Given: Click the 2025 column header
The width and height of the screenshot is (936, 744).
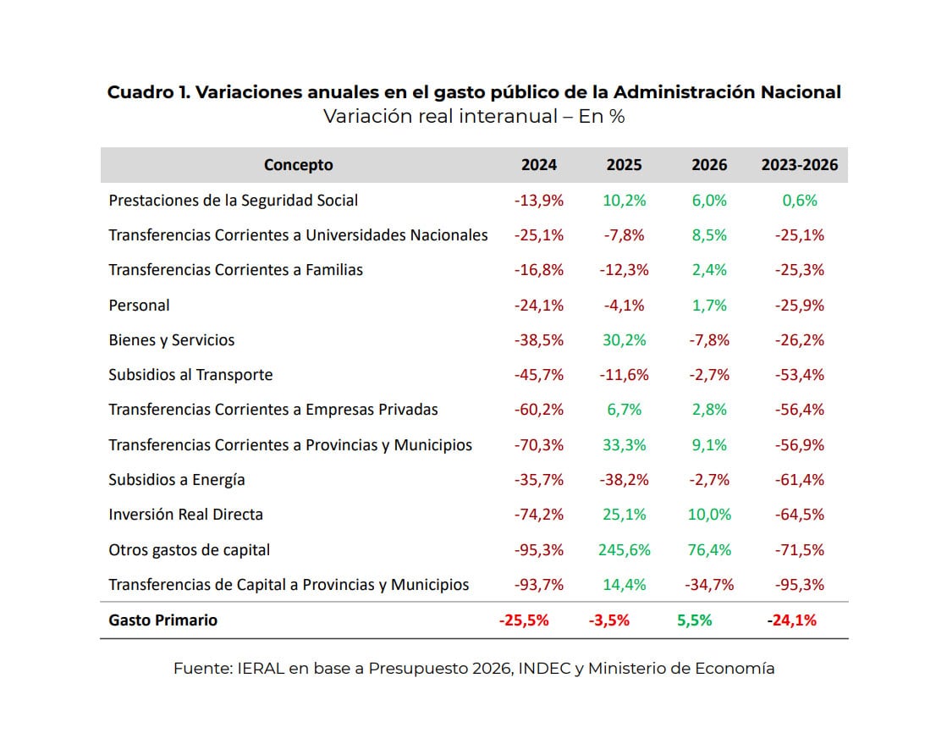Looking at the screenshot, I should tap(624, 165).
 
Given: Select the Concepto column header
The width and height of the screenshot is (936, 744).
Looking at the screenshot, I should tap(298, 165).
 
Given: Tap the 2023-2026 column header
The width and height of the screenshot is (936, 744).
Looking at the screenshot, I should tap(799, 165).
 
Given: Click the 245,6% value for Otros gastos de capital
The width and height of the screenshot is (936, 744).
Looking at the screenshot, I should tap(624, 550).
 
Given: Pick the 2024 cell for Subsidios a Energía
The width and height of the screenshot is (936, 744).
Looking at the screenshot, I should tap(538, 480).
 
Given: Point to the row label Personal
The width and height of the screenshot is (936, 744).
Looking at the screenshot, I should tap(139, 306).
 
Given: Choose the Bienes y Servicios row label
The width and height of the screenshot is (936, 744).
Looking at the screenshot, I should tap(171, 340).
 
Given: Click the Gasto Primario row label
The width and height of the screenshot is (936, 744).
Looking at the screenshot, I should tap(162, 620).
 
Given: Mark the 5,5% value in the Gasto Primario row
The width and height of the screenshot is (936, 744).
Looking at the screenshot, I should tap(694, 620).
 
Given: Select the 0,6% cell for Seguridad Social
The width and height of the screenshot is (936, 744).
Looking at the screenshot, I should tap(799, 201).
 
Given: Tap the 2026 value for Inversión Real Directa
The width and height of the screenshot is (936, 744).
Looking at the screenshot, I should tap(708, 515).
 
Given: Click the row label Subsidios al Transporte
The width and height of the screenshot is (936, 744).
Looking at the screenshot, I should tap(190, 375).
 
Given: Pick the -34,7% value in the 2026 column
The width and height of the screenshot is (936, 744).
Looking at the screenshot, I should tap(708, 585).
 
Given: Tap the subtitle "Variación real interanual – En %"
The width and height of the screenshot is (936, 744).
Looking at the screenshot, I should tap(474, 117).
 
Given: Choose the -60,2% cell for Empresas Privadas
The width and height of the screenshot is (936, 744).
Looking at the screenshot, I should tap(538, 410).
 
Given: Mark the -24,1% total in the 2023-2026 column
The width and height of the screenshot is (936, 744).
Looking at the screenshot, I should tap(791, 620).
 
